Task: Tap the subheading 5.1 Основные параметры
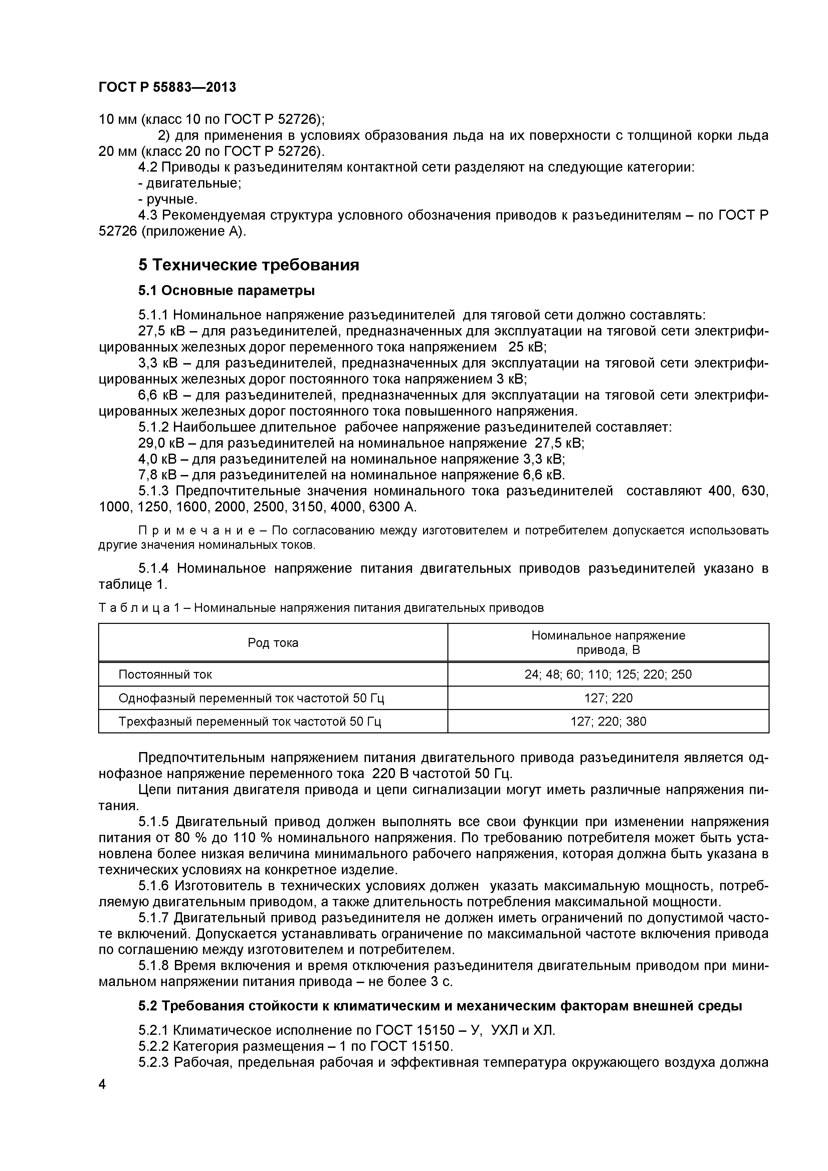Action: point(226,291)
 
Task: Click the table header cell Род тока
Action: point(273,643)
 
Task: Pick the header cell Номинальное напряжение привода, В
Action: point(608,643)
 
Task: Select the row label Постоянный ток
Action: point(165,675)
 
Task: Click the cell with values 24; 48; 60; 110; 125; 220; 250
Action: point(608,675)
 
